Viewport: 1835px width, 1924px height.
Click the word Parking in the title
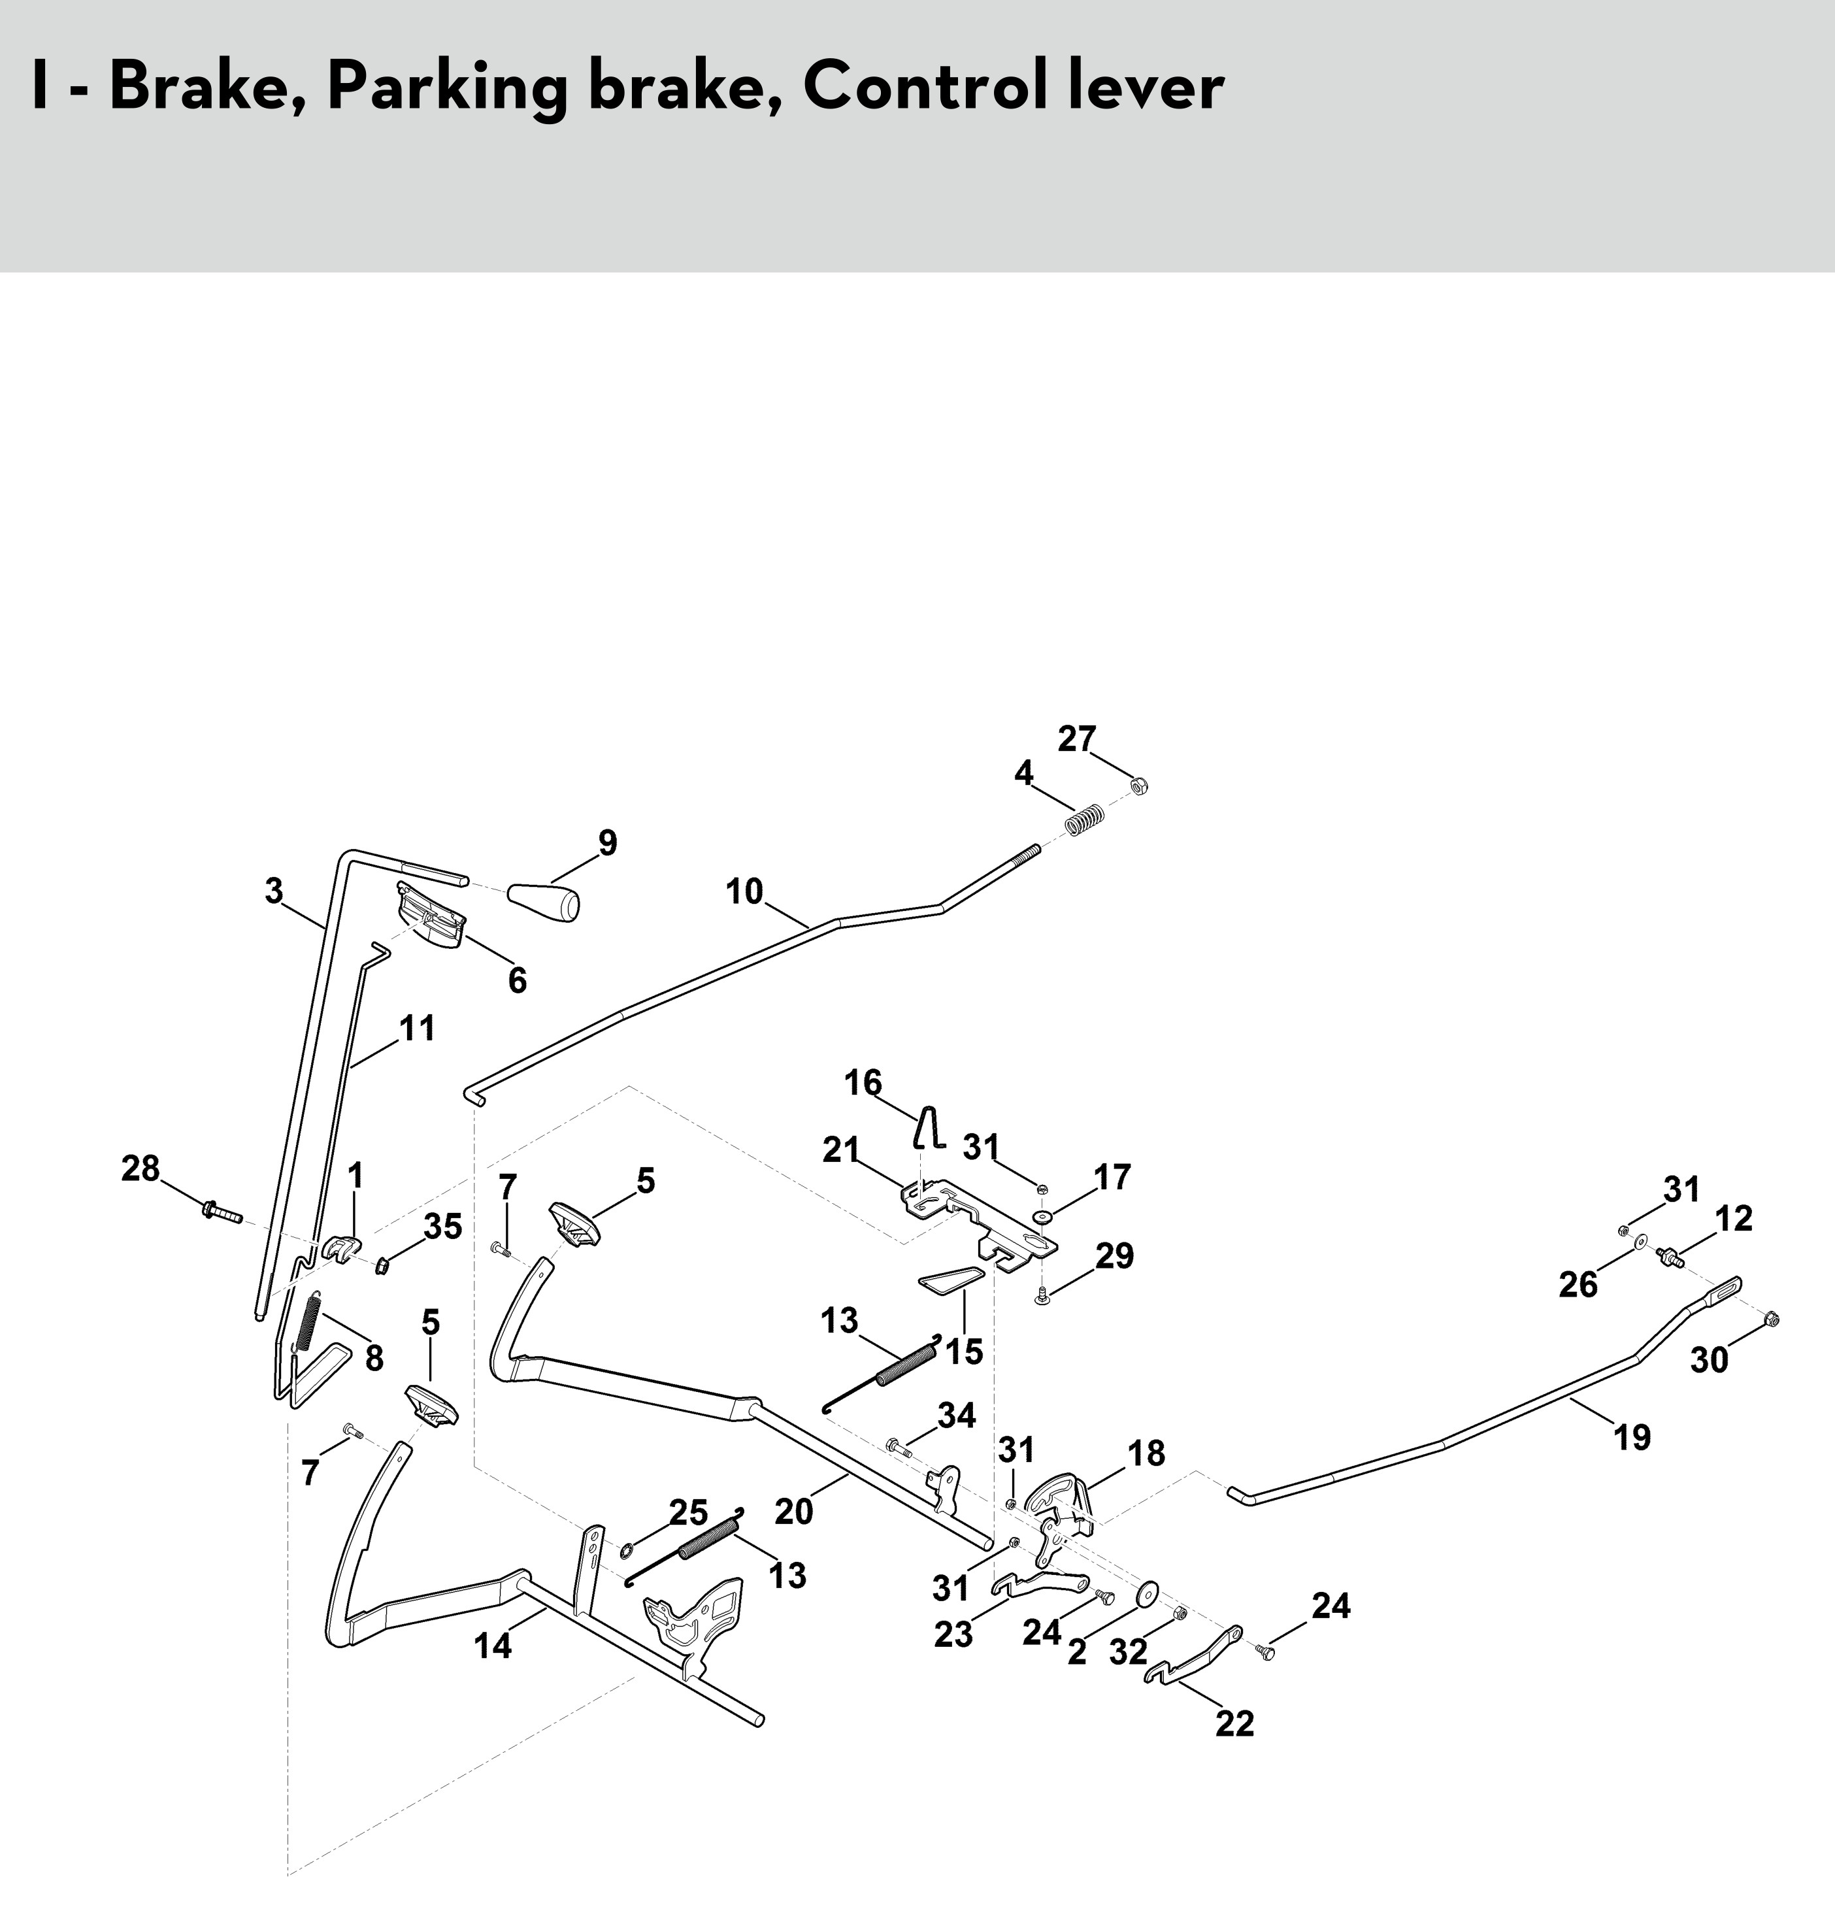click(446, 89)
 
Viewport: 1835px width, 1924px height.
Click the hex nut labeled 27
click(1138, 786)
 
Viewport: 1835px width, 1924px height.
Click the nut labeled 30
click(1772, 1319)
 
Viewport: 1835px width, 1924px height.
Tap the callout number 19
click(1632, 1437)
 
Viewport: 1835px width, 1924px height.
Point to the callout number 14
click(493, 1646)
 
